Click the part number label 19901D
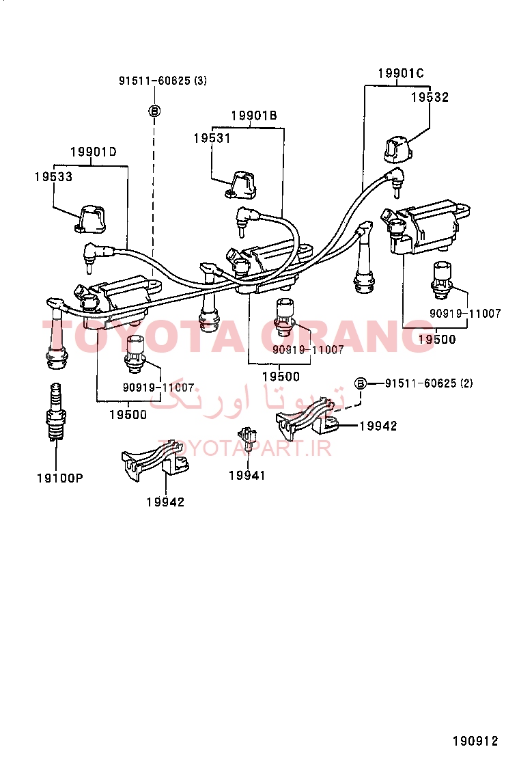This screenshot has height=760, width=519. [94, 152]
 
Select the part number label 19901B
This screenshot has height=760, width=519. [253, 116]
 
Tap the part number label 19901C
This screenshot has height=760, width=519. [400, 73]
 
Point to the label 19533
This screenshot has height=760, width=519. [53, 176]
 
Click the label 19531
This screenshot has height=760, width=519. [212, 138]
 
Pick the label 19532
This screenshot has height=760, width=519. [430, 98]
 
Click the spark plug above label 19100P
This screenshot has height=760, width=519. [56, 412]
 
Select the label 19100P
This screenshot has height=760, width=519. [59, 478]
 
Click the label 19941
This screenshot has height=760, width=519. [247, 476]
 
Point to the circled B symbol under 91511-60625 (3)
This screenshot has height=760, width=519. [154, 111]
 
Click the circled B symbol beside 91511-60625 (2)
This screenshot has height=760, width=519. [361, 383]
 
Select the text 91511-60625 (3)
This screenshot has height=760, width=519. [163, 81]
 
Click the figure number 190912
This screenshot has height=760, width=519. [475, 741]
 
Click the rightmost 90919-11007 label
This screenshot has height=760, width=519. [465, 314]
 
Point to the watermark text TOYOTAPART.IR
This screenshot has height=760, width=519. [244, 449]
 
